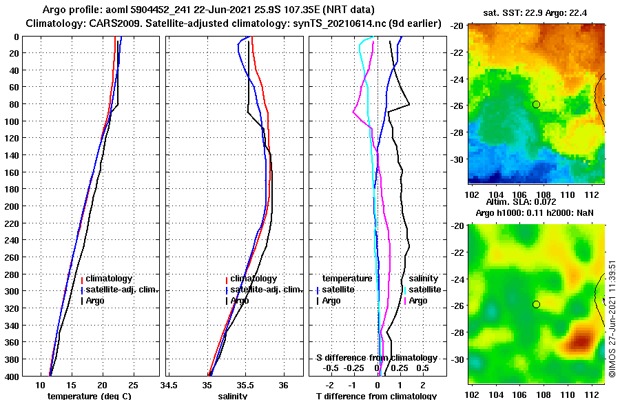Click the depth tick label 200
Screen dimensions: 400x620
[12, 206]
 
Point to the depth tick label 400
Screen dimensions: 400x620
[12, 375]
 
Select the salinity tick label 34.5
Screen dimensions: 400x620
[169, 385]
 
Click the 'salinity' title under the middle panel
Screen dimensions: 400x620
[233, 396]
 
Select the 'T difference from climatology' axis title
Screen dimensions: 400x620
[376, 396]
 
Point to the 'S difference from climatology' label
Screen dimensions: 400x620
[376, 358]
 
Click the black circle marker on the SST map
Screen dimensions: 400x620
[536, 104]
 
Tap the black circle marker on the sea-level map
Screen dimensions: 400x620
[536, 304]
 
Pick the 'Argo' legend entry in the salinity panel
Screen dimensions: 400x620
[239, 301]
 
